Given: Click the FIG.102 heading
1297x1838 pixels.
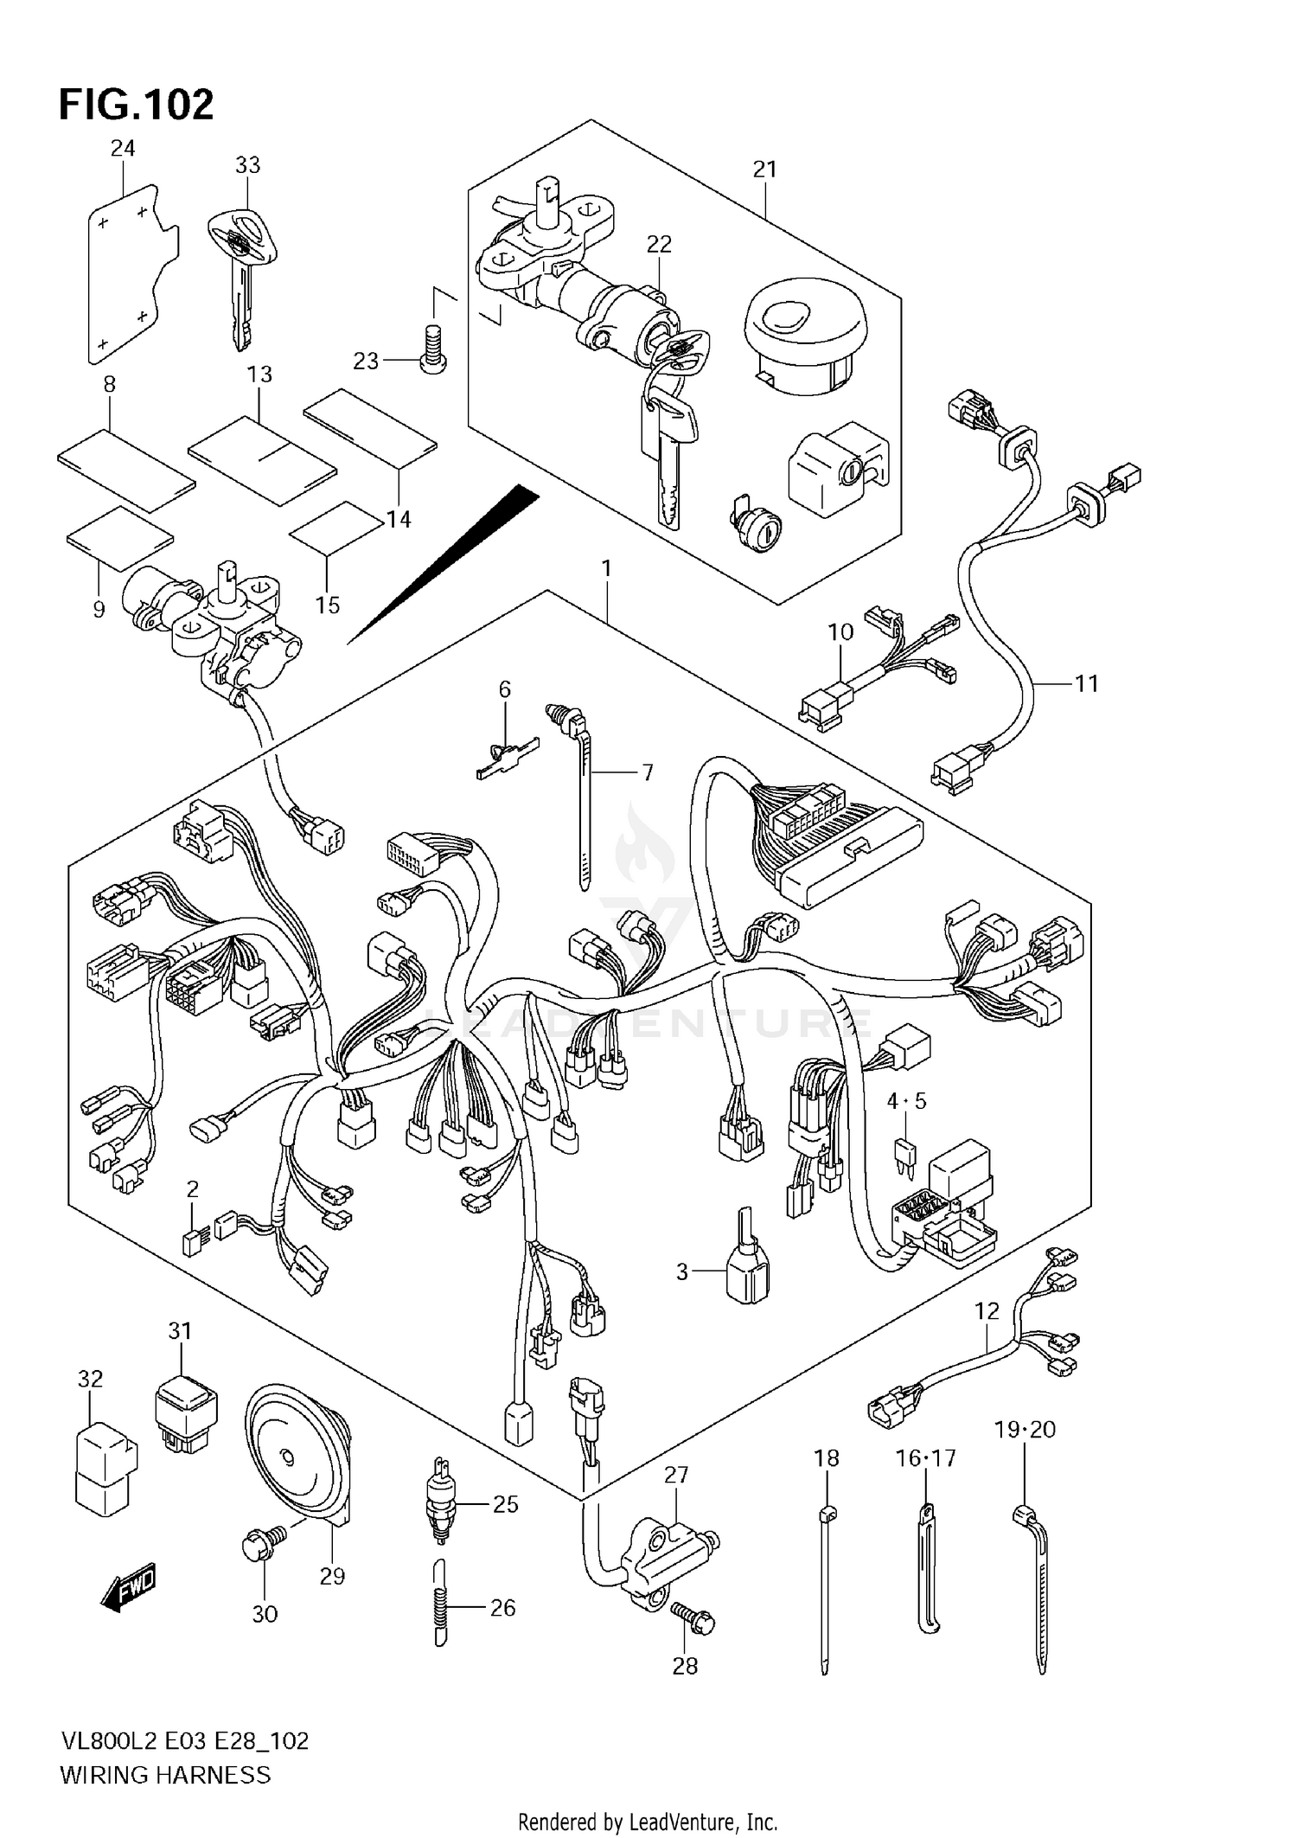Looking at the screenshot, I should click(136, 105).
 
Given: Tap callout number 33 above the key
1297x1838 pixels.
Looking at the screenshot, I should click(247, 164).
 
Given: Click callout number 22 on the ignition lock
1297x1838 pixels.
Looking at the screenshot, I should click(658, 245).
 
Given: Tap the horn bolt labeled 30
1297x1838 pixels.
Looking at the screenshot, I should click(259, 1544).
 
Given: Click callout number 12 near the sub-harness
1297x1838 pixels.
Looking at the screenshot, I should click(986, 1311).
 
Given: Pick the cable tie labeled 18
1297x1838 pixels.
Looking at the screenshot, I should click(825, 1591).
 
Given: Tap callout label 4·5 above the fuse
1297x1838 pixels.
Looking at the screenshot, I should click(905, 1101).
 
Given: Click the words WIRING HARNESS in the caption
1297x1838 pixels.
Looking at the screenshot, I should click(165, 1775).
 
